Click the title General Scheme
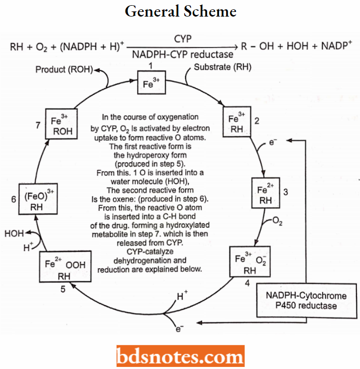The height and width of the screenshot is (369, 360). tap(180, 11)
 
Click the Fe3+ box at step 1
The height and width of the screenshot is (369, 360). tap(151, 82)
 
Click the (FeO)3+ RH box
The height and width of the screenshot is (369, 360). tap(36, 200)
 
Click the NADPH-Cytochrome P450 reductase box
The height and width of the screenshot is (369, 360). tap(306, 300)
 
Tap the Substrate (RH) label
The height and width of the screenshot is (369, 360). tap(223, 67)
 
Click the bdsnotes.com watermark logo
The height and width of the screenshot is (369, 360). tap(180, 357)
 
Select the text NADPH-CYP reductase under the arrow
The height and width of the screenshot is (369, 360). tap(183, 53)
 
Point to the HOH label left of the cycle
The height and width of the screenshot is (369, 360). tap(14, 234)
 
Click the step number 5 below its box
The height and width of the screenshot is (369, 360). tap(63, 290)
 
